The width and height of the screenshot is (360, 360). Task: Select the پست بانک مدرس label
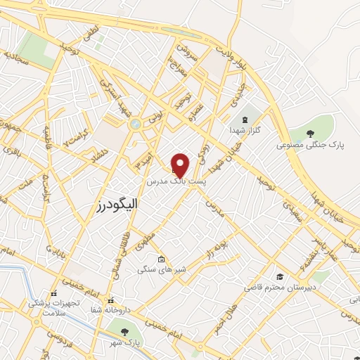click(176, 181)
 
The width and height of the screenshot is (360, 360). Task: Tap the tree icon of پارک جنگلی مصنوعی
click(312, 133)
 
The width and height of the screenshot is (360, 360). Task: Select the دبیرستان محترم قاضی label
click(280, 287)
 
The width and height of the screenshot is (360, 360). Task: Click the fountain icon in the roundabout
click(134, 124)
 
